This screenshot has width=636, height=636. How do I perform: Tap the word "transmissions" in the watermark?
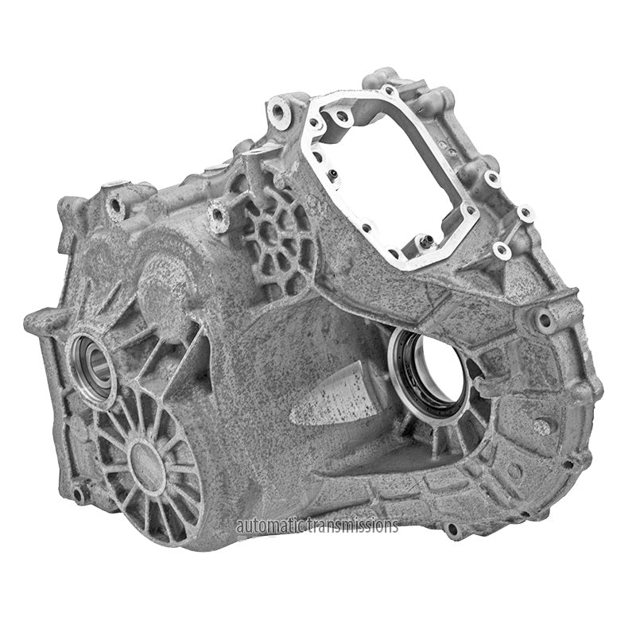353,526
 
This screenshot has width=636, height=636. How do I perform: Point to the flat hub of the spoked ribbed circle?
147,460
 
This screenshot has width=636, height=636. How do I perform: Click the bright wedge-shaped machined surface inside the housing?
333,395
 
